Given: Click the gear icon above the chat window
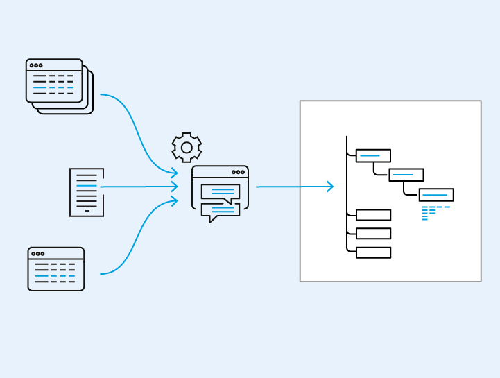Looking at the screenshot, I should tap(187, 147).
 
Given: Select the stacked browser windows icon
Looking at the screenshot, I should tap(58, 85).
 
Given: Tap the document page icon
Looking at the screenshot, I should tap(87, 192).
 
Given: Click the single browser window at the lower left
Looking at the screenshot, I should tap(56, 268).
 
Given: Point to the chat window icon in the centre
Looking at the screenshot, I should tap(220, 194).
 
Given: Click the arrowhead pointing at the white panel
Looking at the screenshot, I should tap(329, 187).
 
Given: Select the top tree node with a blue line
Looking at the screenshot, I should tap(373, 156).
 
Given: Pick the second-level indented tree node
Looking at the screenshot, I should tap(406, 175).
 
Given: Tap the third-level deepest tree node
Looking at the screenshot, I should tap(436, 195).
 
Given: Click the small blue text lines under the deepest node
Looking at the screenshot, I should tap(434, 212).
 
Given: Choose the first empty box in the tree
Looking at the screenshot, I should tap(373, 215).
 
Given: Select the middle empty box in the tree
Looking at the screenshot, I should tap(373, 234).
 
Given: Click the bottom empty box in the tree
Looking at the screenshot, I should tap(373, 252).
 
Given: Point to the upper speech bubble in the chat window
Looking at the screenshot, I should tap(221, 191).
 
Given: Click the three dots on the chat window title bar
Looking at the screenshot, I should tap(238, 172).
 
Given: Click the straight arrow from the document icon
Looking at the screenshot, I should tap(139, 187).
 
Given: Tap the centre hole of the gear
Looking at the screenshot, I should tap(187, 148).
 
